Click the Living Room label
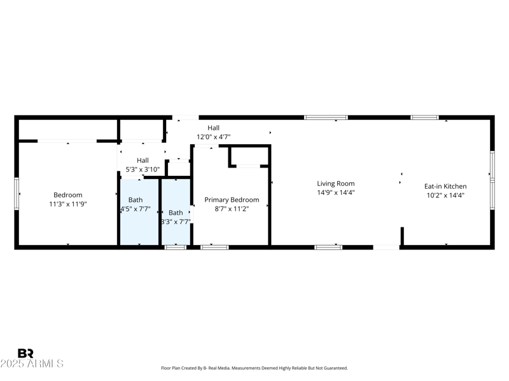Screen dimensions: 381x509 (335, 184)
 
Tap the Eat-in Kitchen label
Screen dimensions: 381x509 (445, 186)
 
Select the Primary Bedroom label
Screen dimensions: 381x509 (232, 199)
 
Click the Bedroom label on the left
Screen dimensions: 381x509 (67, 195)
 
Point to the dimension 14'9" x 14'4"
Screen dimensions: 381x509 (335, 193)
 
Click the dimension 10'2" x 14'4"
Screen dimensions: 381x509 (445, 196)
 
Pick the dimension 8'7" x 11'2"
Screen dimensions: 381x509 (232, 209)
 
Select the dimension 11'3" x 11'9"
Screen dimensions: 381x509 (67, 204)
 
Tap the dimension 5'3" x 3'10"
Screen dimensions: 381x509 (143, 170)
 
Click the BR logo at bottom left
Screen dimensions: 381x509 (25, 353)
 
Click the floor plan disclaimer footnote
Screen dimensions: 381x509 (254, 368)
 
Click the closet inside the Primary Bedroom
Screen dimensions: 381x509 (249, 156)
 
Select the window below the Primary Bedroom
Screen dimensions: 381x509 (214, 247)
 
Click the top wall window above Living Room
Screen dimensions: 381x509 (326, 117)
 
